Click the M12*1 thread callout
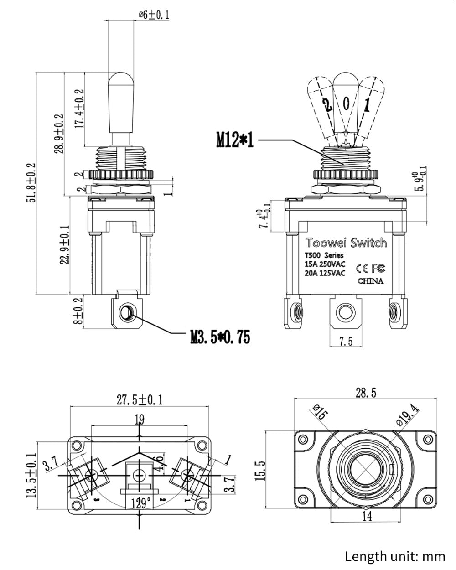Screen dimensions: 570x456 click(x=234, y=140)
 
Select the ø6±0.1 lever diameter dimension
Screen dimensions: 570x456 click(x=154, y=15)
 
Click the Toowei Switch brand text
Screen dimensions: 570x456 click(x=346, y=243)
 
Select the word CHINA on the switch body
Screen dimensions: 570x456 click(x=370, y=281)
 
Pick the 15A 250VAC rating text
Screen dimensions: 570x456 click(x=325, y=264)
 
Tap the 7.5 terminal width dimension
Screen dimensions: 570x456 click(x=346, y=341)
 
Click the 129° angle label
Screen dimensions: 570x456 click(x=141, y=503)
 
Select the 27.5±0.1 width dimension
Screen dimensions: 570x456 click(x=140, y=400)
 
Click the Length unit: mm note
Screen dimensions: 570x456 click(x=394, y=556)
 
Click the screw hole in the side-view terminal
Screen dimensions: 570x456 click(x=126, y=313)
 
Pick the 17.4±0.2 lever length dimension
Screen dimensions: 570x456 click(x=79, y=109)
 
